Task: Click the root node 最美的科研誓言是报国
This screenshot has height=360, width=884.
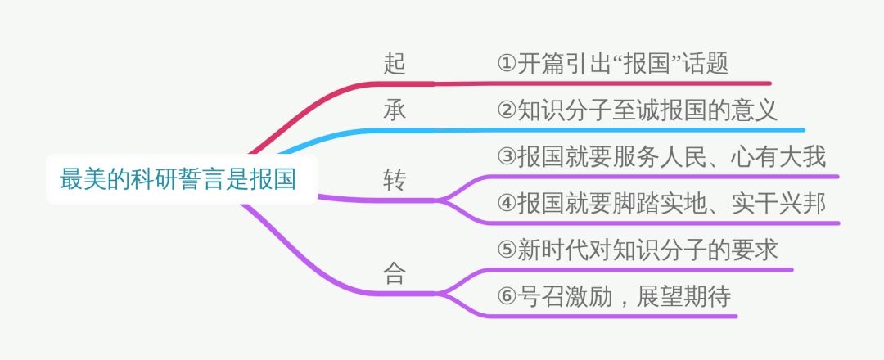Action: pos(178,179)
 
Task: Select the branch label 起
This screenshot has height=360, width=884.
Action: pos(395,64)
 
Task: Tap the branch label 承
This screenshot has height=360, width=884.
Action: pos(395,110)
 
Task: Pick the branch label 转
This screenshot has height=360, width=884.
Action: pos(395,180)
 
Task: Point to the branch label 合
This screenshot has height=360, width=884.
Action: pos(395,273)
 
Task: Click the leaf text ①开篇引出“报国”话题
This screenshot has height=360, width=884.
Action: pos(612,64)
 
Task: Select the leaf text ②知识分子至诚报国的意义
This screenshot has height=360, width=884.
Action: pos(636,110)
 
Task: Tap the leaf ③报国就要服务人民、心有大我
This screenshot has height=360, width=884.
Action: pos(661,157)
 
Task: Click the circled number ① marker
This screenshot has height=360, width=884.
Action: pos(506,65)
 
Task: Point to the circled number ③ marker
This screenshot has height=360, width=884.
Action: pos(506,158)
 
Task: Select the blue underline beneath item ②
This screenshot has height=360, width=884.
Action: pos(622,129)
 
